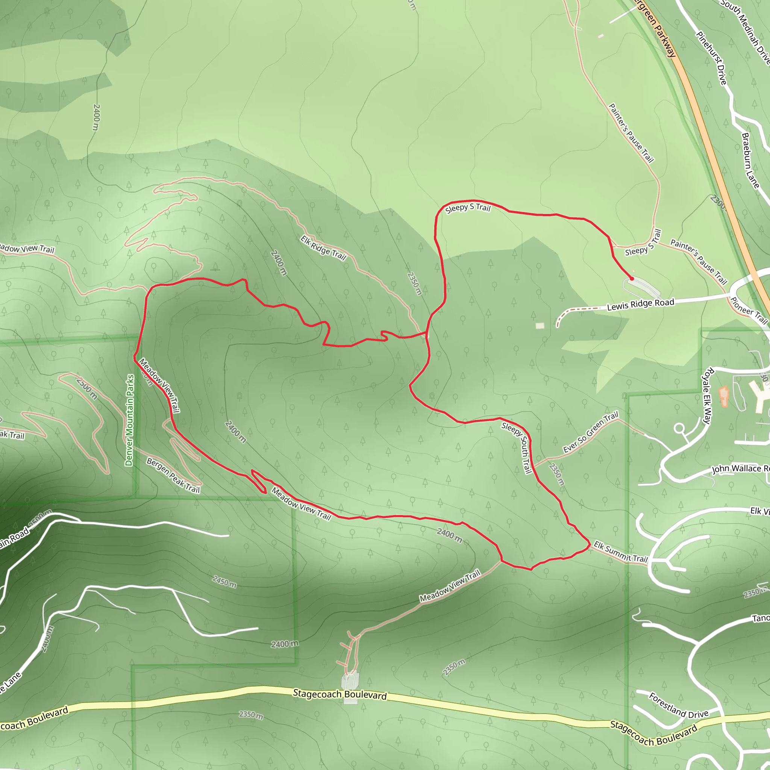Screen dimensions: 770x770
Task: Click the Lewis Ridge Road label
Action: tap(640, 305)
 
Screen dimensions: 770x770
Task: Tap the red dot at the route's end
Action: tap(632, 279)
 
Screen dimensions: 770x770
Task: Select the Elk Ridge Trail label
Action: tap(323, 248)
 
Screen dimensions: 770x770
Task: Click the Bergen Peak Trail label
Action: tap(173, 476)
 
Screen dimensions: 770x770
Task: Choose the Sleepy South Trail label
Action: tap(517, 447)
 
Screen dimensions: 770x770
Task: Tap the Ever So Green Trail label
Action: tap(590, 433)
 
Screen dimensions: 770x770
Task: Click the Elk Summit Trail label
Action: tap(620, 552)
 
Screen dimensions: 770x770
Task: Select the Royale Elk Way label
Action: tap(706, 396)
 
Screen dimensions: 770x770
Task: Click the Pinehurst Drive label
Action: tap(712, 58)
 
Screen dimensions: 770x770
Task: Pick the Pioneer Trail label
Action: tap(749, 311)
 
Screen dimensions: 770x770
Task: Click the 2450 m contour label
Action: tap(224, 582)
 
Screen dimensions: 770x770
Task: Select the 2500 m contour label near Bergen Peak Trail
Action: tap(87, 388)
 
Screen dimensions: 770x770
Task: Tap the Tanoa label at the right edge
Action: tap(761, 618)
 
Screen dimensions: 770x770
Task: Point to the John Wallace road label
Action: tap(741, 469)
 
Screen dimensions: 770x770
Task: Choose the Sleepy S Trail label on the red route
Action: tap(467, 208)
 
